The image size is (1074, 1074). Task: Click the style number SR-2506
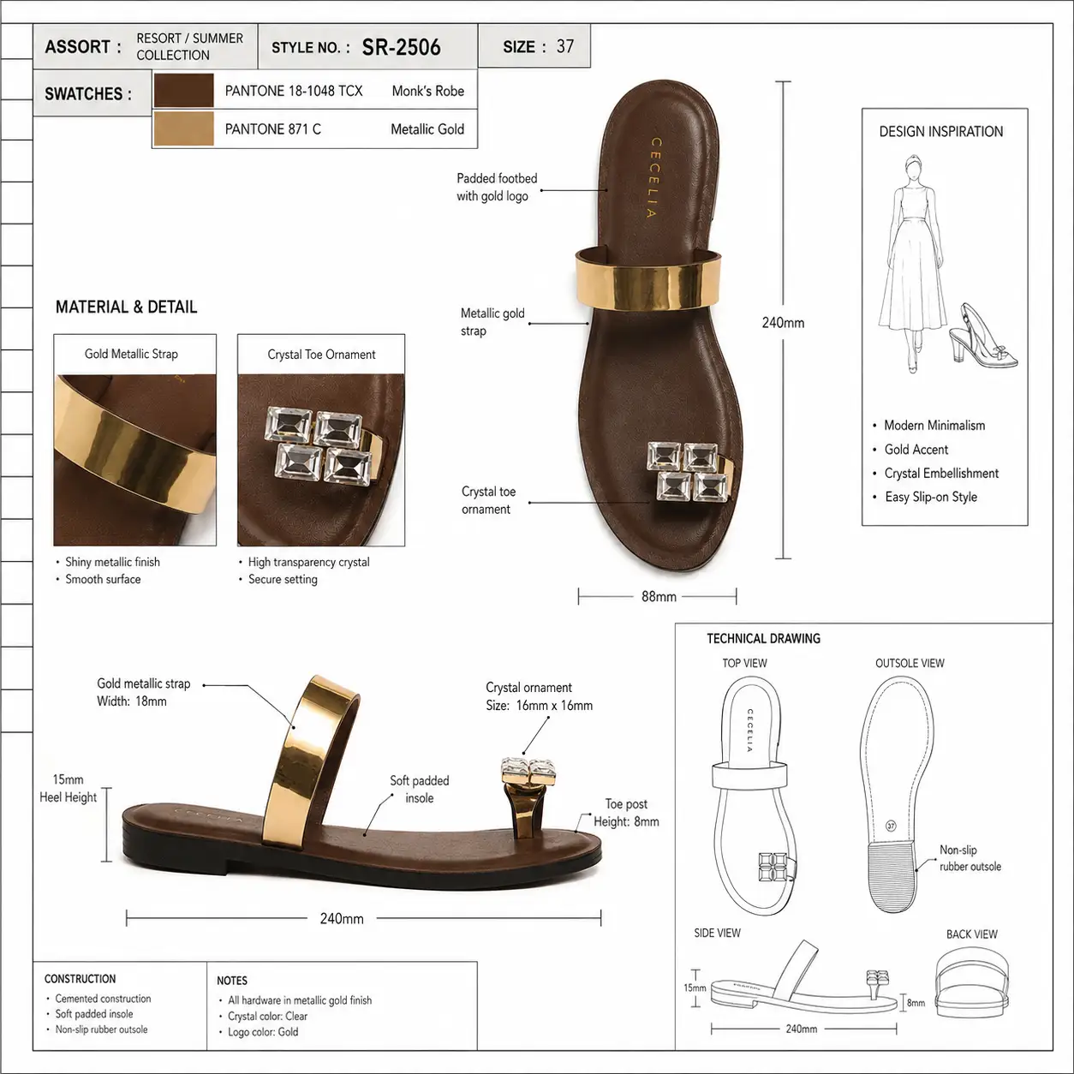401,47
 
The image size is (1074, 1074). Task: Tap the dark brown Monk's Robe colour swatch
183,90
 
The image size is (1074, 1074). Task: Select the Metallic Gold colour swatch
183,128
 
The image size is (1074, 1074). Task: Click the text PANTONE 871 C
272,129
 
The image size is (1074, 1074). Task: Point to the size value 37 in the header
564,46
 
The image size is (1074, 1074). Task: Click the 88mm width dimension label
659,596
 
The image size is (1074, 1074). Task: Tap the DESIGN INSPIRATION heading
940,132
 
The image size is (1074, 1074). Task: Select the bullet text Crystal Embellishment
941,473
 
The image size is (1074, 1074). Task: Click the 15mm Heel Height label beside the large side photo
68,788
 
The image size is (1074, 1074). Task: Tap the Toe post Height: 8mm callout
626,813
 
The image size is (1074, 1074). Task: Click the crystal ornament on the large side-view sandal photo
528,771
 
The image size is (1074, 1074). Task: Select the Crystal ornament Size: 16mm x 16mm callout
539,696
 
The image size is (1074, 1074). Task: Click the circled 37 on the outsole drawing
891,826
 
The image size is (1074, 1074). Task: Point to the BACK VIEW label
971,934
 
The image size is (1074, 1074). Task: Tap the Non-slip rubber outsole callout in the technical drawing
970,858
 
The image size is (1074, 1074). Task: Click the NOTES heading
232,981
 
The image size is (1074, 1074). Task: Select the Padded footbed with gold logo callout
497,188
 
